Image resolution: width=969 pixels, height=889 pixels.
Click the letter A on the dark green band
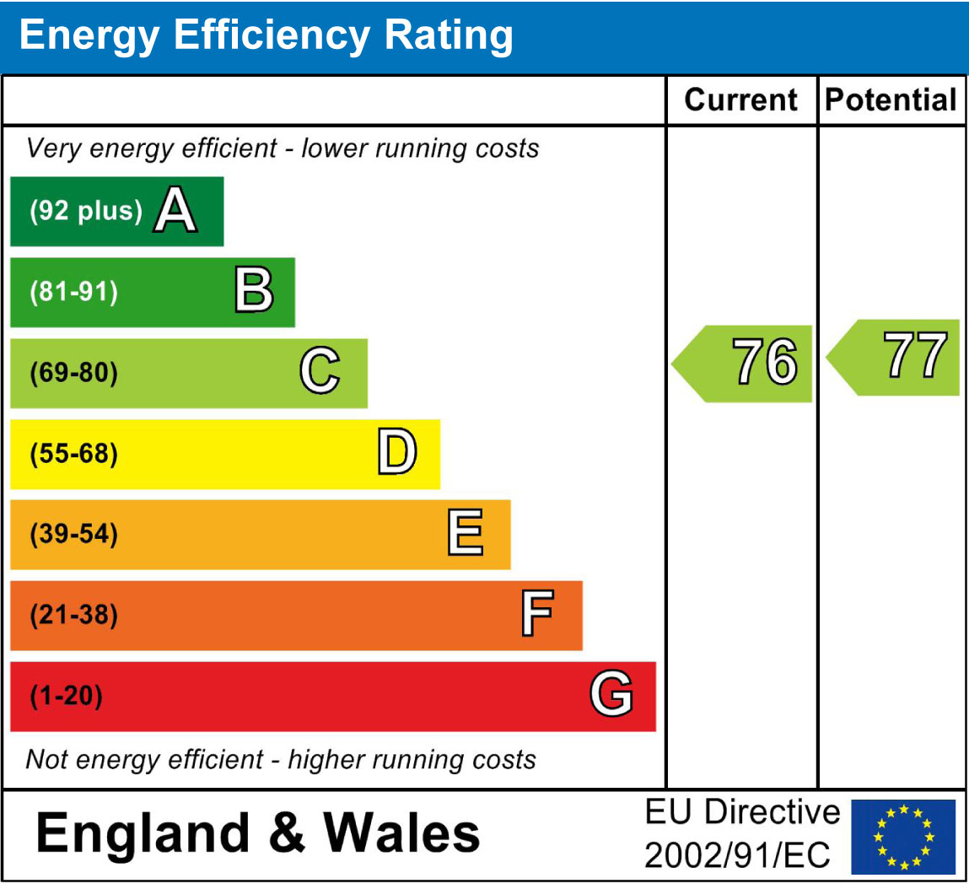(175, 211)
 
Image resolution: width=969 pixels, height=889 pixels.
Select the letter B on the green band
(254, 291)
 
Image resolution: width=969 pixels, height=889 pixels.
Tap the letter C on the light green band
(320, 372)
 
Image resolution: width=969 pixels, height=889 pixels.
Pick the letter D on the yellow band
(396, 453)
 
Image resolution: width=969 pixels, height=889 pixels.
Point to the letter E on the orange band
(466, 534)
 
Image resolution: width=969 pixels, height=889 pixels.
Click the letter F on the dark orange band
(537, 615)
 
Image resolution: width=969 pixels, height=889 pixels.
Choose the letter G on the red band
(611, 696)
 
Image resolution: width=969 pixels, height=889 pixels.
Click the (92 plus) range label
(86, 211)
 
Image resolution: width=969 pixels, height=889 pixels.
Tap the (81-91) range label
(74, 292)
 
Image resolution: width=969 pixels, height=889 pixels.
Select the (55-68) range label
(74, 454)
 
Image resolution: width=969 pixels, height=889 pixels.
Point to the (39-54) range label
(74, 534)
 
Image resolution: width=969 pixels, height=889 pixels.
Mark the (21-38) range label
(74, 615)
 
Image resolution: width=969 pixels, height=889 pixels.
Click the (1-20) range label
(66, 697)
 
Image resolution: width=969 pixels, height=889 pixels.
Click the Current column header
(741, 100)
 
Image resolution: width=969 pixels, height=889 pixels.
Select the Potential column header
(891, 100)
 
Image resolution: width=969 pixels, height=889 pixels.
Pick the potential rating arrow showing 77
(895, 357)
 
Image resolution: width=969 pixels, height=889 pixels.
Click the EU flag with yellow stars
(903, 837)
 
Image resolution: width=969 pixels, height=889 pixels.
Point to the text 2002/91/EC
(738, 855)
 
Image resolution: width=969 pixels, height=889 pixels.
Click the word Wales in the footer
(402, 832)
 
